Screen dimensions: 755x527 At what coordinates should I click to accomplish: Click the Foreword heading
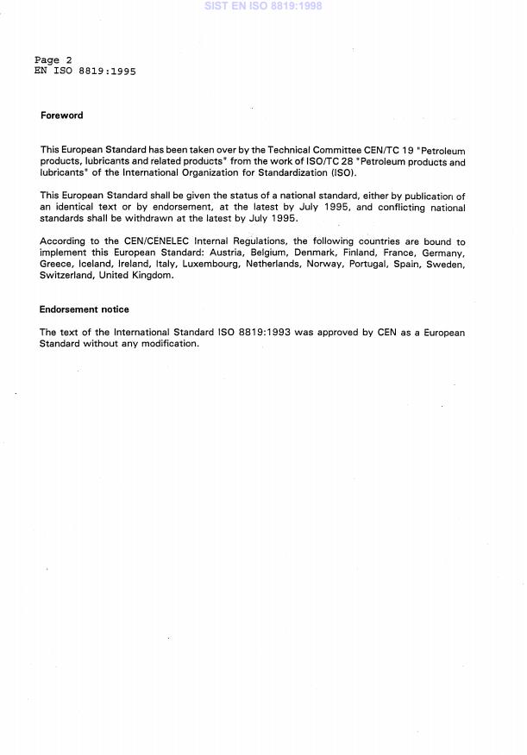pyautogui.click(x=61, y=115)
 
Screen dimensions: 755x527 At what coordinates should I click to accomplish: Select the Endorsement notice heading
pyautogui.click(x=84, y=309)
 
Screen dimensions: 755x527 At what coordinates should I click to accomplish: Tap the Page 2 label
pyautogui.click(x=53, y=60)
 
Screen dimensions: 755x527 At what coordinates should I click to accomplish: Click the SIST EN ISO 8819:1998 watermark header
pyautogui.click(x=262, y=6)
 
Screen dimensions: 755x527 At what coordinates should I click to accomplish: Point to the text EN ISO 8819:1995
pyautogui.click(x=85, y=72)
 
